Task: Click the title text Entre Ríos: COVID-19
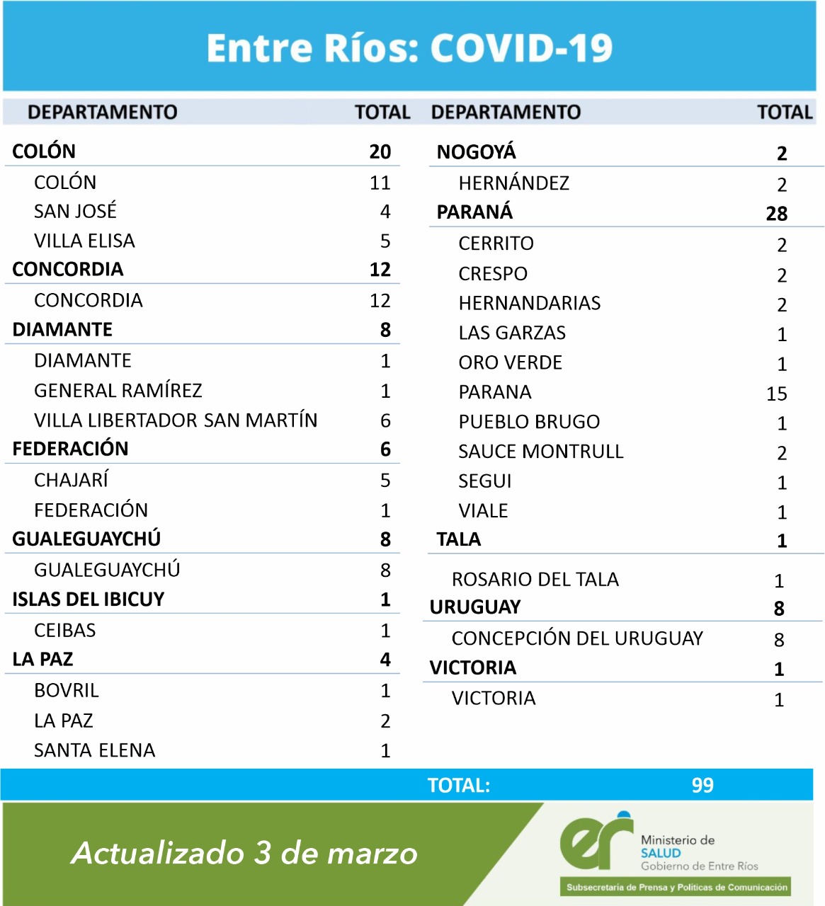point(409,48)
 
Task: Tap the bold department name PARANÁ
point(474,212)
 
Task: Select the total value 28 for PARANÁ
point(776,214)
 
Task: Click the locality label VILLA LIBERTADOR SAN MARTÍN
point(176,420)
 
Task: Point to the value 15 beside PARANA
point(776,394)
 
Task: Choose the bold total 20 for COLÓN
point(380,151)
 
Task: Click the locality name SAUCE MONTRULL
point(541,452)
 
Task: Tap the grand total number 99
point(702,785)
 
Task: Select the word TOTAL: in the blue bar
point(459,786)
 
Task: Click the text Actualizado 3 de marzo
point(244,853)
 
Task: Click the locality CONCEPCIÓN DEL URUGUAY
point(577,638)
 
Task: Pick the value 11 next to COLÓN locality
point(380,183)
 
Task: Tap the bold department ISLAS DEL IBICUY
point(89,600)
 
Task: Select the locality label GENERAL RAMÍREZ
point(118,391)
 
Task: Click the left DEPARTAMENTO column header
point(103,112)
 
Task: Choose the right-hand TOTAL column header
point(785,112)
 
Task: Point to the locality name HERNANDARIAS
point(530,304)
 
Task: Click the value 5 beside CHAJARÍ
point(385,481)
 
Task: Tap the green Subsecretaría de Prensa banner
point(676,888)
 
